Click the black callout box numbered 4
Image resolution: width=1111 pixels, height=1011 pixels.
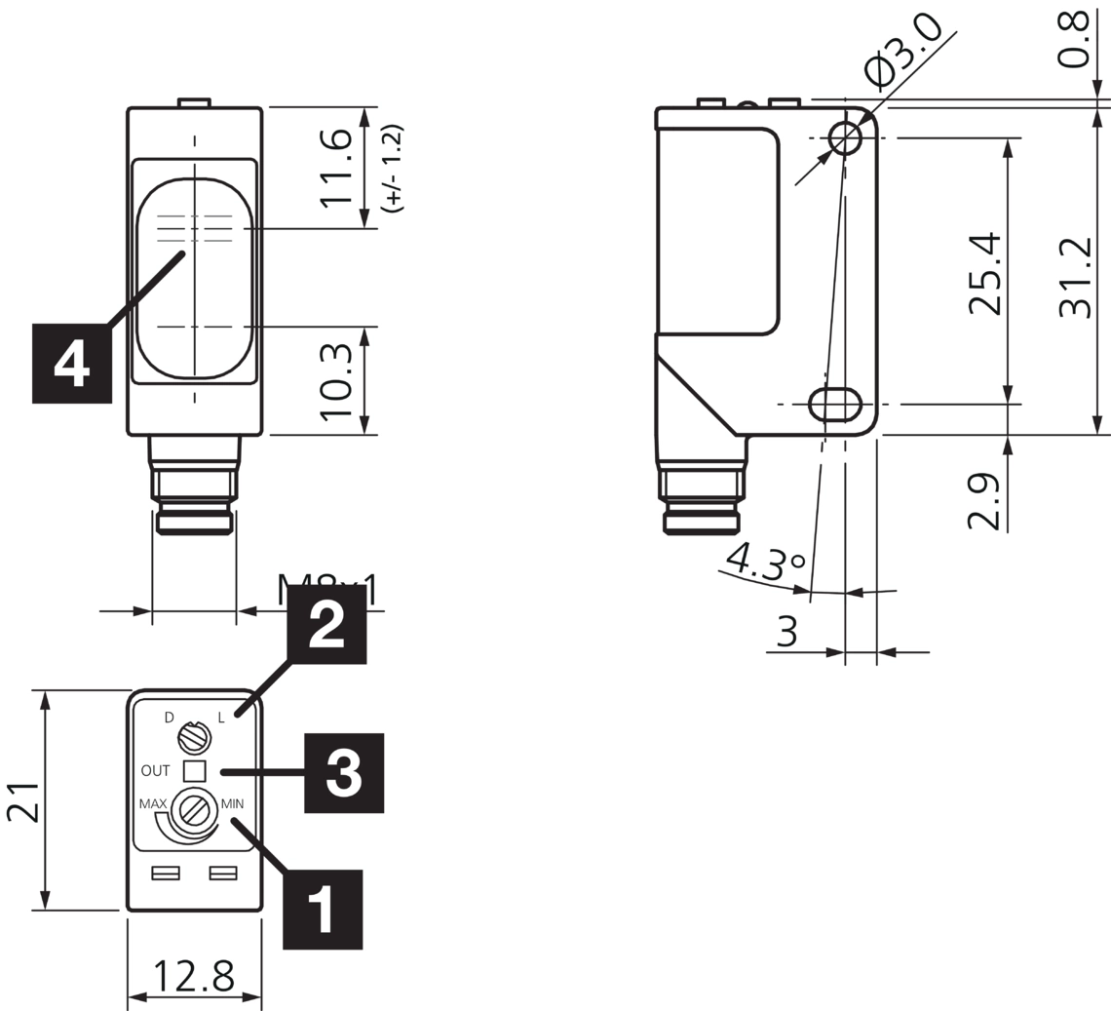(x=72, y=364)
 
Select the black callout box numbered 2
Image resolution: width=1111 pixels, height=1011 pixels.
(x=326, y=624)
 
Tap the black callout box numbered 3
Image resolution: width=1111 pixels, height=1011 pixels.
(x=344, y=773)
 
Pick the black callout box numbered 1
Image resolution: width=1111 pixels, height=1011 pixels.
(x=323, y=910)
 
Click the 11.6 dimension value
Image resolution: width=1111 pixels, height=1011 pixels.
(x=335, y=168)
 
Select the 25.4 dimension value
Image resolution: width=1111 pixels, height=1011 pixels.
(x=984, y=272)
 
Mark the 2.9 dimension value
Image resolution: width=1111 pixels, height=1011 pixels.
(x=983, y=500)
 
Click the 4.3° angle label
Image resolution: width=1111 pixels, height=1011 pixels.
(x=765, y=560)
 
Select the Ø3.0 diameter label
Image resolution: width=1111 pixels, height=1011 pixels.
(x=903, y=49)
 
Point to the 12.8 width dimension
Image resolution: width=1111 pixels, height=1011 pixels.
(x=195, y=974)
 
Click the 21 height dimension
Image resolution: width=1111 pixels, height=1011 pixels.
(x=23, y=801)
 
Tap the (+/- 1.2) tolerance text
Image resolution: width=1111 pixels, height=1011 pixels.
(x=393, y=168)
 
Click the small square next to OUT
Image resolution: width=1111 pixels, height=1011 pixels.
(x=195, y=771)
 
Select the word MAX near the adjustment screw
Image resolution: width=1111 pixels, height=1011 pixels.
(x=152, y=804)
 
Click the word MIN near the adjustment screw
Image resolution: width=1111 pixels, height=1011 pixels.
(x=233, y=804)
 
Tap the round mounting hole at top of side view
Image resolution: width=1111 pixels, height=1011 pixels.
(x=845, y=138)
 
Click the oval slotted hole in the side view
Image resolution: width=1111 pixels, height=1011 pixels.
(x=835, y=403)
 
